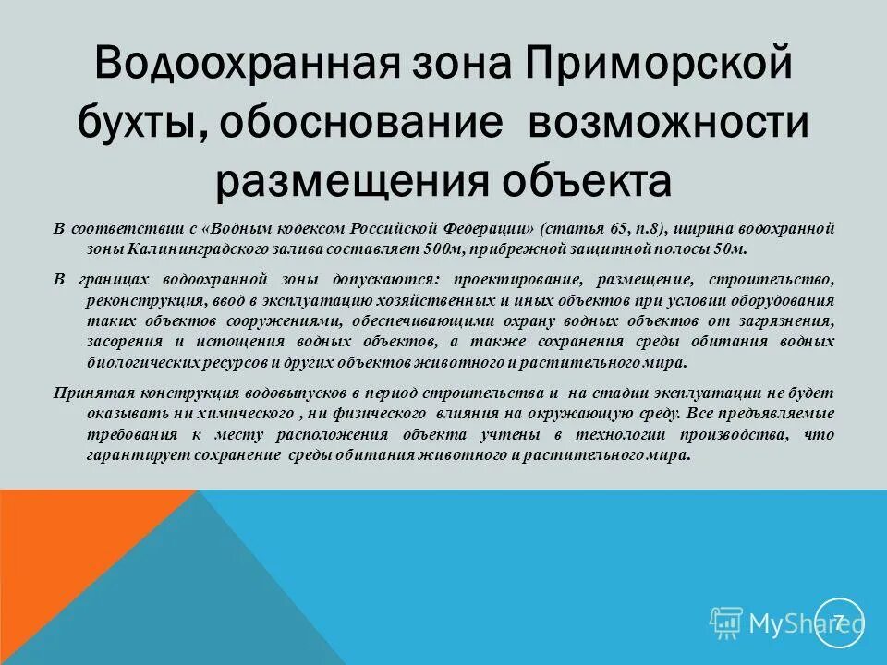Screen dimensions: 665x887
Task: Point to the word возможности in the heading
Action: click(x=668, y=124)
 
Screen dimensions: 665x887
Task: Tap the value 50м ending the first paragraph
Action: click(x=727, y=248)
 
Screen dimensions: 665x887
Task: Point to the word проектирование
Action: click(x=514, y=278)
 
